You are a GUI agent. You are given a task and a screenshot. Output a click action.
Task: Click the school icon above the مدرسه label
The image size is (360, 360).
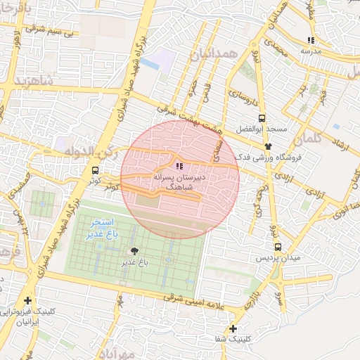[311, 40]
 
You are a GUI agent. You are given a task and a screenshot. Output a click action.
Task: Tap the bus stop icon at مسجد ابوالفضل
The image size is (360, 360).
[262, 118]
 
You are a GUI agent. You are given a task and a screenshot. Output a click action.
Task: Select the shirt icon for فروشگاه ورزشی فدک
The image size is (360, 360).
[268, 146]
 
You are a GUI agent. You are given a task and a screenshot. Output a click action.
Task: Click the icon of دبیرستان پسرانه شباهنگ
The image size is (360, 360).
[180, 166]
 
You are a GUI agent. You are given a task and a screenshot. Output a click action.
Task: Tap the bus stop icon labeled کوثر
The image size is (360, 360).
[96, 169]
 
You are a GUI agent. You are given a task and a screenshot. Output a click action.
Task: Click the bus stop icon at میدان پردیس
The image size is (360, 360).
[278, 247]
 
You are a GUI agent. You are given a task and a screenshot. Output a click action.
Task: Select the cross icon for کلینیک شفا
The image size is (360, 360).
[233, 328]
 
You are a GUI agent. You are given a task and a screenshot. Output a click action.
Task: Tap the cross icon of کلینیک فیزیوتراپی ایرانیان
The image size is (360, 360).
[27, 301]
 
